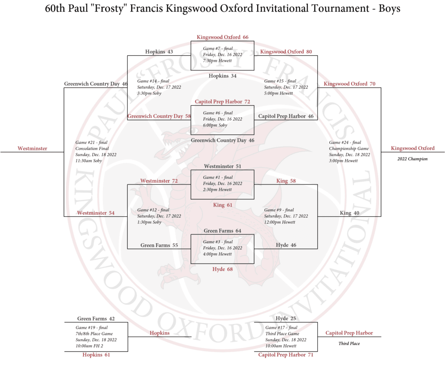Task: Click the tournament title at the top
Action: (x=222, y=9)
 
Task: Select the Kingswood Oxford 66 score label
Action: (x=222, y=37)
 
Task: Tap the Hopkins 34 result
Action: (x=222, y=76)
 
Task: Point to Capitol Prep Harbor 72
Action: (x=222, y=102)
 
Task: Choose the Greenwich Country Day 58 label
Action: (x=159, y=116)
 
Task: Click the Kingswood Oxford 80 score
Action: (x=286, y=52)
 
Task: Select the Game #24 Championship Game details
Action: (x=349, y=151)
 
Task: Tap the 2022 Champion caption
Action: (x=412, y=159)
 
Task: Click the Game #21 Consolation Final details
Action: (x=96, y=151)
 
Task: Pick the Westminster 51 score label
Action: (x=222, y=166)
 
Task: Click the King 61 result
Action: (x=222, y=205)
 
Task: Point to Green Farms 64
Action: (x=222, y=231)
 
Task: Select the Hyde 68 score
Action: (x=222, y=269)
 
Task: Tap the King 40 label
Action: (x=349, y=213)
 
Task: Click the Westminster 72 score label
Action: (x=159, y=181)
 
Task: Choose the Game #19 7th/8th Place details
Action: (x=96, y=337)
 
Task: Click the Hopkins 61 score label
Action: (x=96, y=355)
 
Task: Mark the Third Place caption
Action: (x=349, y=344)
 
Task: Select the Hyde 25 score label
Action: (x=286, y=318)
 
